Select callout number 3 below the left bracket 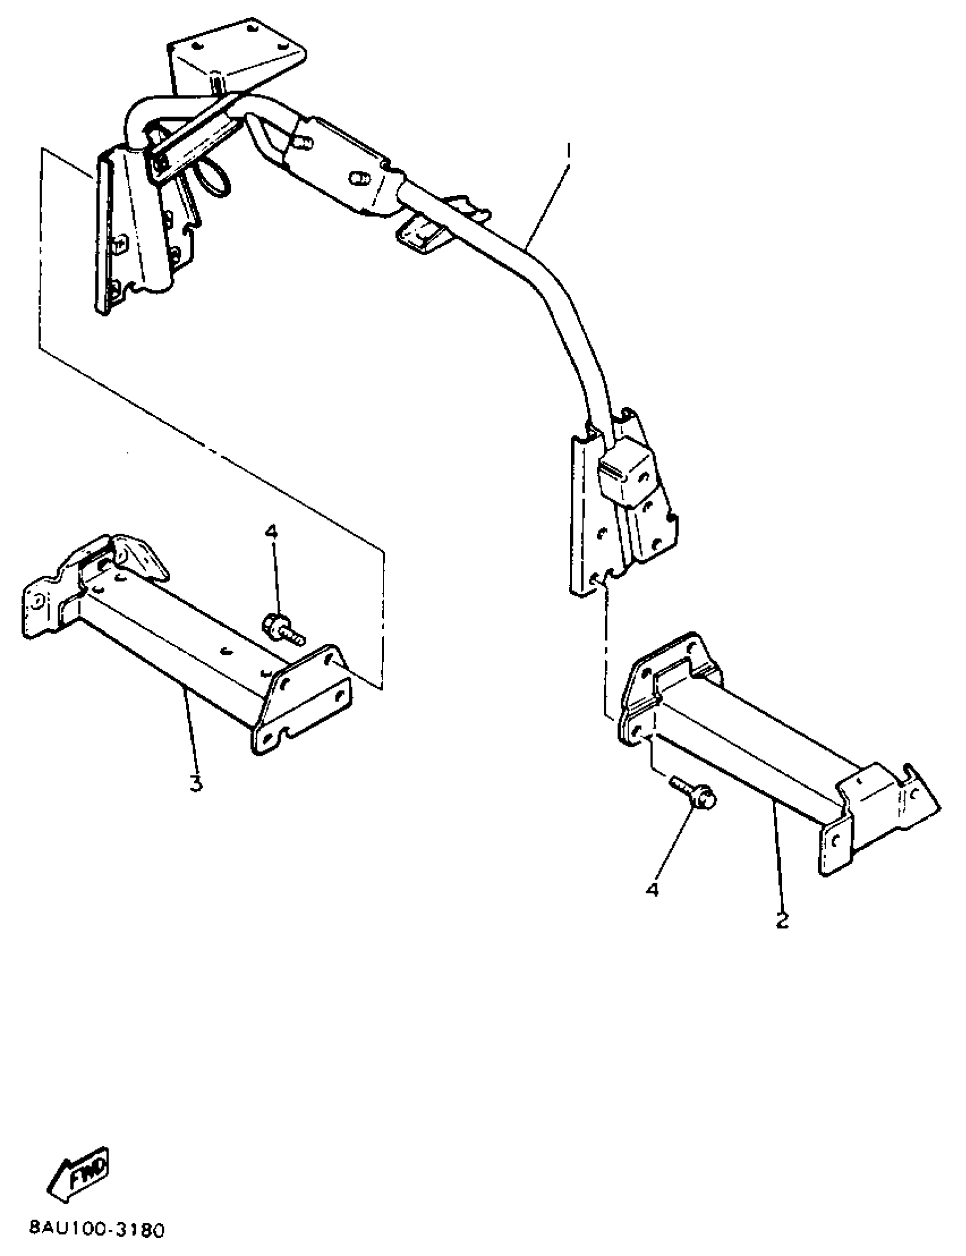pos(196,783)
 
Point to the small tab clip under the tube pos(424,234)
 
